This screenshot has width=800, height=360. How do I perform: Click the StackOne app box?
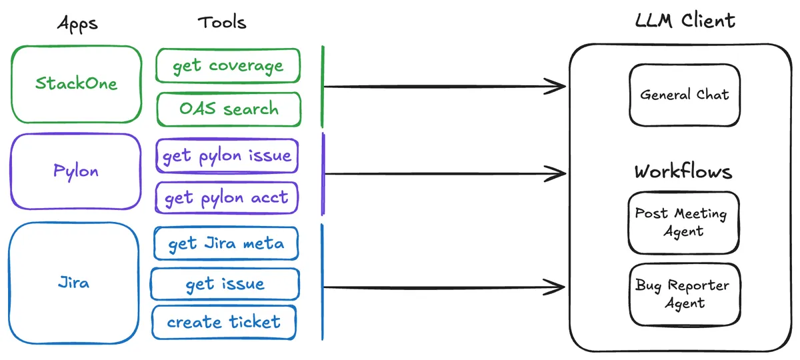76,84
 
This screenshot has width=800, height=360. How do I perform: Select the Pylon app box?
76,171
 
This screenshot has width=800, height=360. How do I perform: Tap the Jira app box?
73,283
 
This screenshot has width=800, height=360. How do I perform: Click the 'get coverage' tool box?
227,66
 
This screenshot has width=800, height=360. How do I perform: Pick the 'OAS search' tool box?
229,109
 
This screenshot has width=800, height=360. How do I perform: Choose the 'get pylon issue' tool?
227,156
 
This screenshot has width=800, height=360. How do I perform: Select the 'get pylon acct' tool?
227,198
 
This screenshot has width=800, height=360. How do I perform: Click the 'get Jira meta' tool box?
226,243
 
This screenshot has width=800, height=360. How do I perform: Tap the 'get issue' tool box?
225,285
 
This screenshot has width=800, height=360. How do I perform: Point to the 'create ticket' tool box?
224,322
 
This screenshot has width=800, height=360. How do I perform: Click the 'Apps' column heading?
77,23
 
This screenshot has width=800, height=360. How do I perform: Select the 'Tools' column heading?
222,22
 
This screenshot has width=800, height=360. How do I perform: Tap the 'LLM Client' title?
685,21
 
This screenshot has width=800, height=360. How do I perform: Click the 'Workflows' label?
683,172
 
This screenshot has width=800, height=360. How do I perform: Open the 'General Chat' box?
685,95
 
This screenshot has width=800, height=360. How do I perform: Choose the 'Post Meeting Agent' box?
683,223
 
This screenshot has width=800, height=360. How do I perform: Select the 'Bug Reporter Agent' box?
683,295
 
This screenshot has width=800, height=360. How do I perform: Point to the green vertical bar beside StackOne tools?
323,87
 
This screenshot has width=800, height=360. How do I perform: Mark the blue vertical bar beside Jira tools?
323,281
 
